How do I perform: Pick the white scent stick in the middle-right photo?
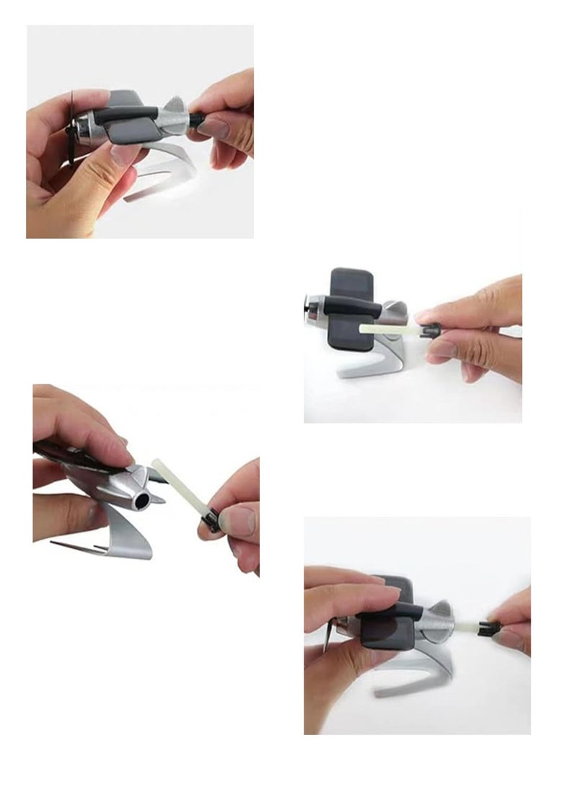click(386, 330)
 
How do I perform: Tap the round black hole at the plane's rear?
click(143, 500)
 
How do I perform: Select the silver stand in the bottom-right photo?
click(426, 674)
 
